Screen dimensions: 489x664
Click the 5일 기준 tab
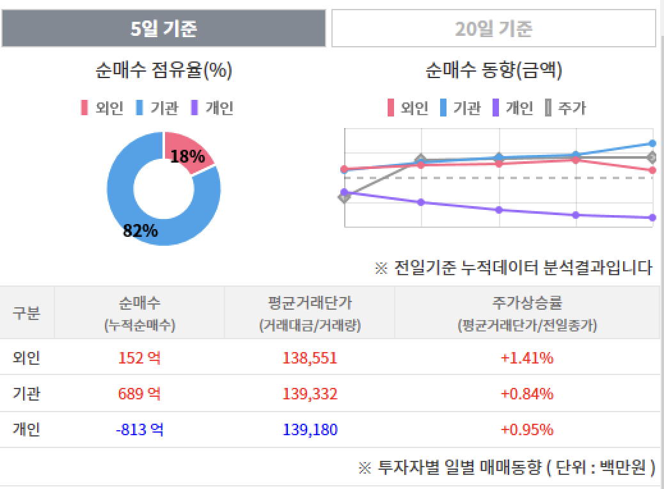164,29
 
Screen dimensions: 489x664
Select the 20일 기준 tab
493,29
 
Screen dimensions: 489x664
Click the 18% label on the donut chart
187,156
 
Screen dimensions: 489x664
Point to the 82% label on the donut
140,230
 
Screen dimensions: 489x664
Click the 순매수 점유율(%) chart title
164,70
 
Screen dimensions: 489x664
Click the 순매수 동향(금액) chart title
493,70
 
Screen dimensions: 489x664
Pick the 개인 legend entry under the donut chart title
213,108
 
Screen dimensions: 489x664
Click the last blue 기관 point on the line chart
652,143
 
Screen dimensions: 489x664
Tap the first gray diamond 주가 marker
345,196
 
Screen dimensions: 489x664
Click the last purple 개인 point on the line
652,218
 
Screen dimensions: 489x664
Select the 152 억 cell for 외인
139,358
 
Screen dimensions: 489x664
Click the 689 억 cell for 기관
139,394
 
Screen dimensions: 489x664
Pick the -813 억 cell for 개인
139,429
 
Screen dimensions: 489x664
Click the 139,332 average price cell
310,394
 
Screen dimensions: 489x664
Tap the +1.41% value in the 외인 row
526,358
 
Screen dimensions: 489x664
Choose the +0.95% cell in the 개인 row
526,429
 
